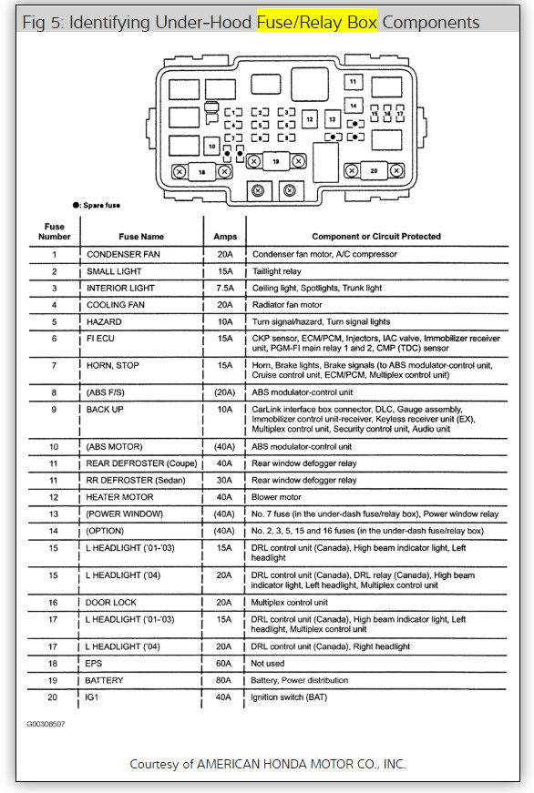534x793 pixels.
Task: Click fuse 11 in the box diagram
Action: click(353, 82)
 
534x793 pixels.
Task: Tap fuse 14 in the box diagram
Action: click(353, 106)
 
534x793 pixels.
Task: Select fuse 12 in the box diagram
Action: click(310, 119)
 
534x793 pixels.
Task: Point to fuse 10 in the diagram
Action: click(211, 146)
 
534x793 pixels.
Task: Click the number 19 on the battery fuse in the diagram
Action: click(274, 161)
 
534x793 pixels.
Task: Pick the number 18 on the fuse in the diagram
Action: click(201, 170)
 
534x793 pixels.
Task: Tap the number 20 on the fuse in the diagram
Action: click(373, 170)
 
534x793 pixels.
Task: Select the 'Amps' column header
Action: click(224, 236)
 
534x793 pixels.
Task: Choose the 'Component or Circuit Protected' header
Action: click(376, 236)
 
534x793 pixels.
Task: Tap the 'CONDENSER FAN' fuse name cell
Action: click(123, 254)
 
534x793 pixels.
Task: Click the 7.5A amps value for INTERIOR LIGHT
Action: click(224, 288)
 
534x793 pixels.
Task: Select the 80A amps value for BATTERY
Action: click(224, 680)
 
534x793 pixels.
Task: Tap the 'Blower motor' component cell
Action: click(276, 497)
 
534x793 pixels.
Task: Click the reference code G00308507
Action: click(46, 725)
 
